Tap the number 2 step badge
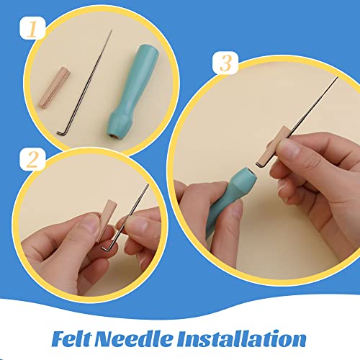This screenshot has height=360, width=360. coord(32,159)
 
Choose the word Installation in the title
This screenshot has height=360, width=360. coord(246,338)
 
